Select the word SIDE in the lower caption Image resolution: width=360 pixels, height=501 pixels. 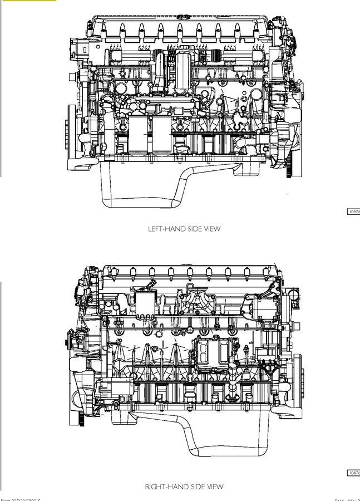point(196,487)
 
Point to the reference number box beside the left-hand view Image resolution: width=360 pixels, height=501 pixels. point(353,212)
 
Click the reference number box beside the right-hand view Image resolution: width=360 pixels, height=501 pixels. point(353,473)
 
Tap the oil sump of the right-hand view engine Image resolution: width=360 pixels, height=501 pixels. point(223,440)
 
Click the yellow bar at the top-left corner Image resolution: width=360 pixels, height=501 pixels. point(28,1)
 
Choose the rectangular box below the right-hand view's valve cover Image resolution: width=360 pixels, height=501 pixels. point(146,304)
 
